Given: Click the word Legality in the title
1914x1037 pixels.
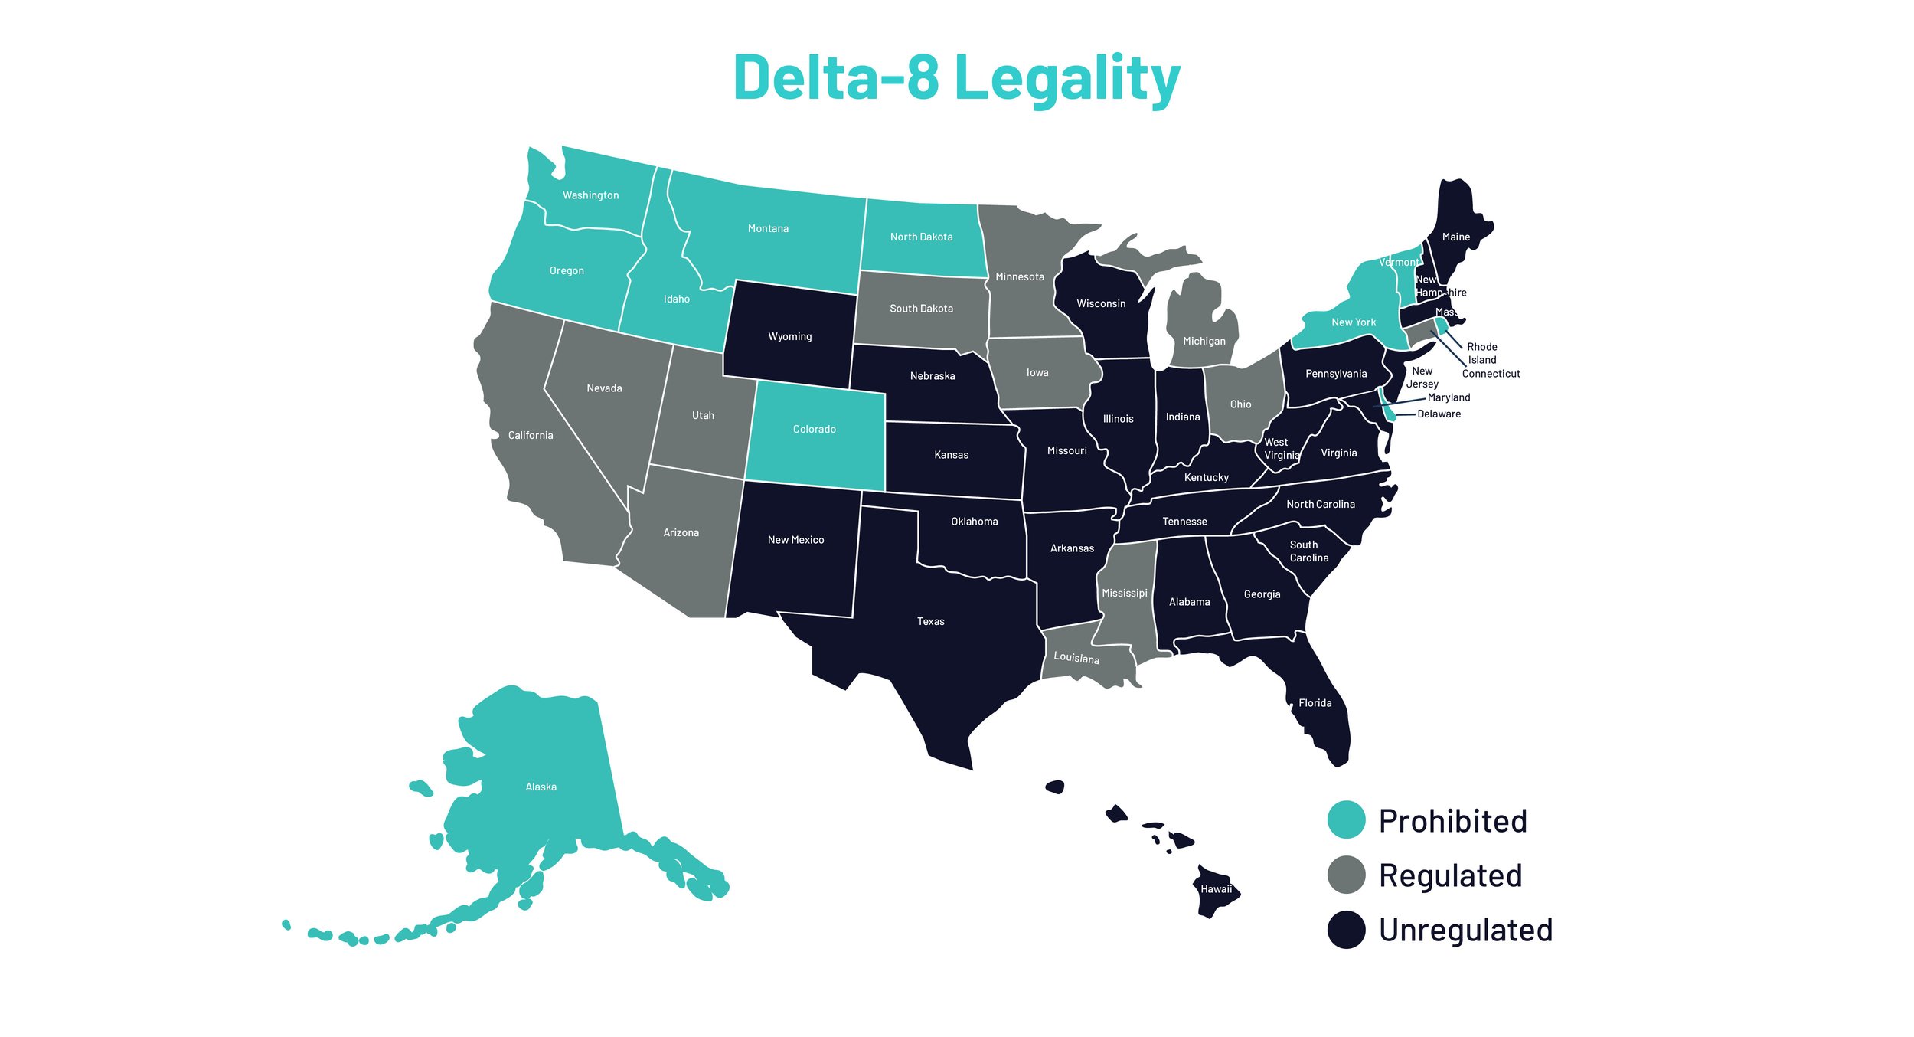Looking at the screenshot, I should tap(1067, 78).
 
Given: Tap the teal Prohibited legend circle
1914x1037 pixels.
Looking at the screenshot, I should tap(1346, 820).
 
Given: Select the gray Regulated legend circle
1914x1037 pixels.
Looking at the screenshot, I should tap(1346, 875).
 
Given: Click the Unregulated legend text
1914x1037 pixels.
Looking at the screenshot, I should tap(1465, 930).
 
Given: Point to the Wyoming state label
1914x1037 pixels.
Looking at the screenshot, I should tap(789, 336).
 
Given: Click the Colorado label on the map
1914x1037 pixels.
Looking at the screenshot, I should tap(814, 429).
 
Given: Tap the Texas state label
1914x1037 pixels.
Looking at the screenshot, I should tap(930, 621).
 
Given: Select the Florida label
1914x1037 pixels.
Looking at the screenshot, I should tap(1315, 702).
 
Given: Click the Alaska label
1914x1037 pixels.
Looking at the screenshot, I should tap(541, 787).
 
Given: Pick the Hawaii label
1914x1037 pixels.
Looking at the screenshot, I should tap(1216, 888).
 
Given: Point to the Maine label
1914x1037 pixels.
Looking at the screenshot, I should tap(1455, 237).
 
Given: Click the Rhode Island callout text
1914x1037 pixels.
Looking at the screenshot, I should tap(1481, 353).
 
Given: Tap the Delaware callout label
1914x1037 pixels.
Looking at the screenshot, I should tap(1439, 414).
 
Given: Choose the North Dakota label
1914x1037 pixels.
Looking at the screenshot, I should tap(921, 237).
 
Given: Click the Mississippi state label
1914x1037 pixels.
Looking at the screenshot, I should tap(1124, 593).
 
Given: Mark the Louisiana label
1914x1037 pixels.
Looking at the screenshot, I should tap(1076, 657).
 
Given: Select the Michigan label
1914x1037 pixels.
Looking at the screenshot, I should tap(1204, 341).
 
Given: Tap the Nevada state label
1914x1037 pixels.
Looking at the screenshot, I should tap(604, 388).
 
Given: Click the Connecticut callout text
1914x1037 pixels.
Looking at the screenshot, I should tap(1491, 374).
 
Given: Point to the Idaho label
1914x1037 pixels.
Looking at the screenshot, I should tap(676, 299).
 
